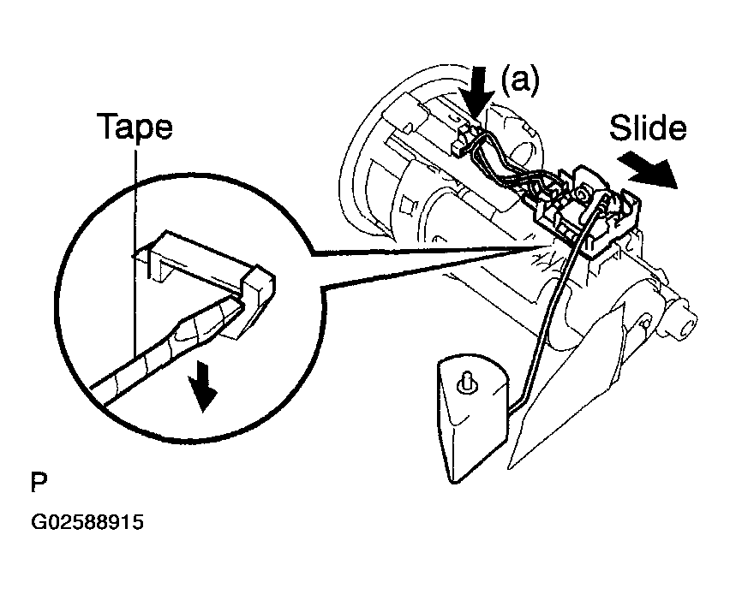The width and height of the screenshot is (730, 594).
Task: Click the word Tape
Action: click(135, 127)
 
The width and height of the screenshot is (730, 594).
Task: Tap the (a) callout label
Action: click(519, 80)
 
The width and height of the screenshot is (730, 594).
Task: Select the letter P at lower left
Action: click(39, 483)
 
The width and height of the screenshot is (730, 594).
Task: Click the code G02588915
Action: click(87, 522)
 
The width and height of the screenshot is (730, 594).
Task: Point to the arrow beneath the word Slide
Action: click(648, 169)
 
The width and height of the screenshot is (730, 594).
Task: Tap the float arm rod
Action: click(554, 302)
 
